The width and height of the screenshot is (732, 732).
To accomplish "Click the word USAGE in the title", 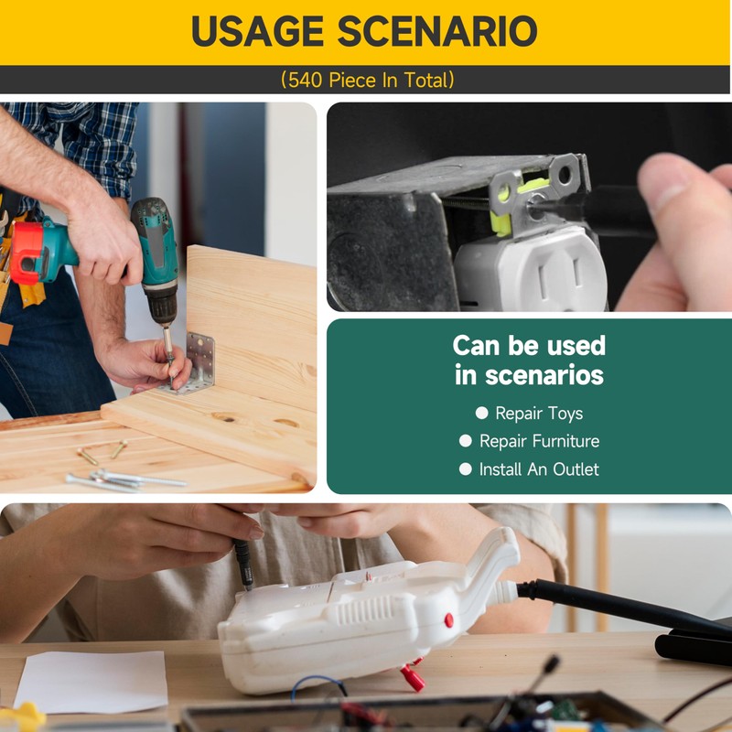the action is (x=257, y=31).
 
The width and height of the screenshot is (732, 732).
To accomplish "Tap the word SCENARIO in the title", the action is (x=437, y=31).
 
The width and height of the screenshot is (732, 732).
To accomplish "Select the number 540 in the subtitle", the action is (x=305, y=81).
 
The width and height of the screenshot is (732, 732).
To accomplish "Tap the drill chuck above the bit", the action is (x=162, y=305).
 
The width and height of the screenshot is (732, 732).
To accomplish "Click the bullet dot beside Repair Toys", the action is (x=482, y=413).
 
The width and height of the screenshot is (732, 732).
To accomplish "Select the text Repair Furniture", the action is (x=539, y=441).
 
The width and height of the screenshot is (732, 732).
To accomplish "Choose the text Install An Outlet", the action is (x=539, y=469).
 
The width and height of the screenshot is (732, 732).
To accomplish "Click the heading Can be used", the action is (x=529, y=346).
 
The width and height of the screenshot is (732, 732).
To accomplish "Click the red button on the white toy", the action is (x=448, y=620).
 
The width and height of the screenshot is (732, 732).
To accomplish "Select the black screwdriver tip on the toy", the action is (x=244, y=564).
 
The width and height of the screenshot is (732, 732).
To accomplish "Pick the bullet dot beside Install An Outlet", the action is (x=466, y=469).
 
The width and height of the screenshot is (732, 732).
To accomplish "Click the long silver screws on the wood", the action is (x=125, y=481).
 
